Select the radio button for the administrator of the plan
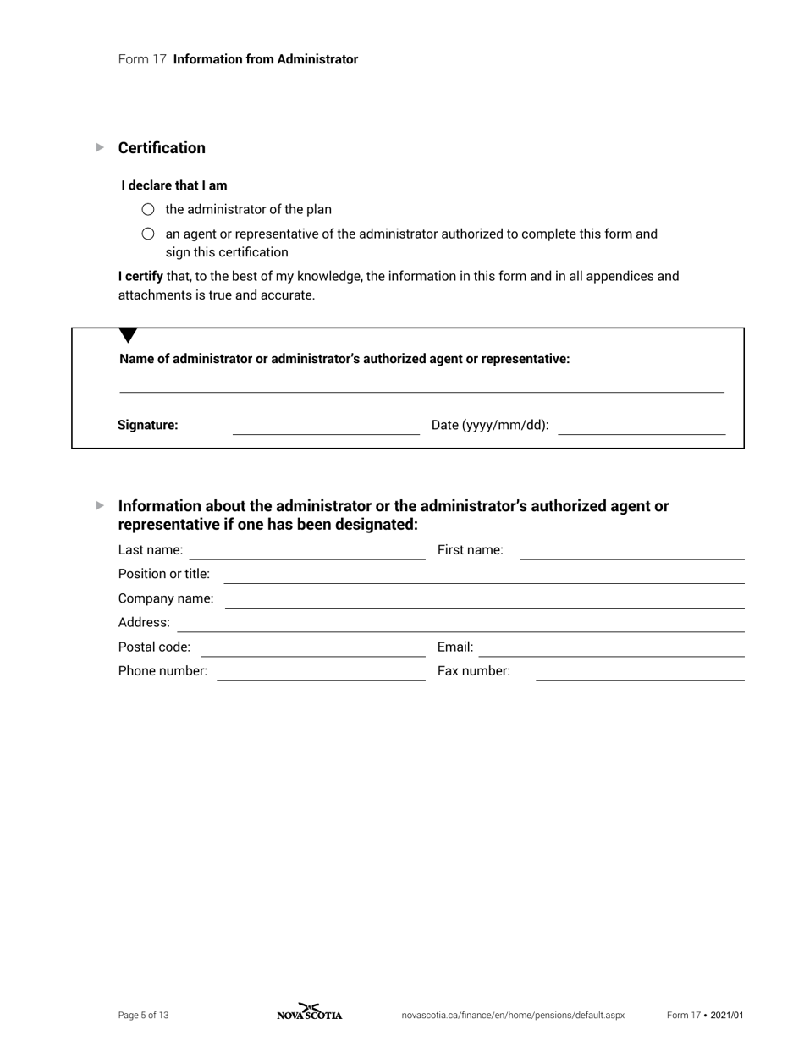pos(148,209)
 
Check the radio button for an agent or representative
pos(148,234)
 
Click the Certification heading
pos(162,148)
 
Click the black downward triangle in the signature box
pos(128,335)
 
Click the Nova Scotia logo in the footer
pos(310,1012)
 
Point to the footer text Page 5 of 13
pos(143,1016)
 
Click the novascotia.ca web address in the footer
pos(513,1016)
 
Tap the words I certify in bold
pos(140,276)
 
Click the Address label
pos(144,623)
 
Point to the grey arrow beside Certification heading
pos(100,147)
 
